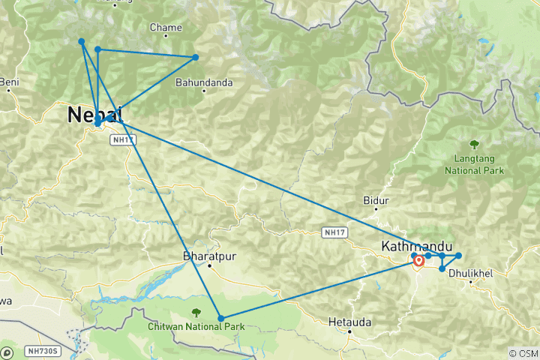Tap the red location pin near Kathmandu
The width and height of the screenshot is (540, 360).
(x=418, y=262)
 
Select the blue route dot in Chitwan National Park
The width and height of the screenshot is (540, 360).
(x=220, y=319)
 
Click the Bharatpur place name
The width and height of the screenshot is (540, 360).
(x=210, y=255)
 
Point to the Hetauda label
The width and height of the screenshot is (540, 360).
(x=349, y=322)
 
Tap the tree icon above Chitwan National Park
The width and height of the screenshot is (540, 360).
(x=196, y=312)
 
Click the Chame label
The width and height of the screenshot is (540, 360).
(x=166, y=28)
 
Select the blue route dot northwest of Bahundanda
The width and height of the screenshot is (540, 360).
(x=196, y=57)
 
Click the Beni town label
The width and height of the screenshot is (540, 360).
(x=10, y=81)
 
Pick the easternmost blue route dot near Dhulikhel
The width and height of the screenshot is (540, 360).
(x=458, y=256)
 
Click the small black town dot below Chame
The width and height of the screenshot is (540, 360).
(x=166, y=39)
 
